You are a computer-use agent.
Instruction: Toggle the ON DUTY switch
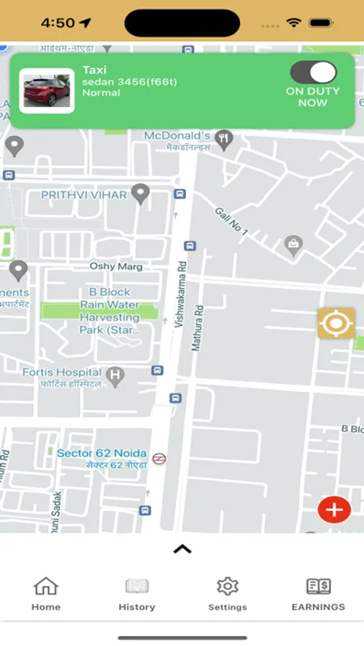click(x=313, y=72)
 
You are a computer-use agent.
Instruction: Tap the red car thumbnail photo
click(x=47, y=91)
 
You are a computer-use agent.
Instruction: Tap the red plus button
click(x=334, y=510)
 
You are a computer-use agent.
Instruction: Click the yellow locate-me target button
click(x=335, y=324)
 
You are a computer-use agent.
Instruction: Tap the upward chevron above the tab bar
click(x=182, y=549)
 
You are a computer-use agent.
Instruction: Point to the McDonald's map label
click(x=177, y=136)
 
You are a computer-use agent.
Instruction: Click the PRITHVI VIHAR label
click(x=84, y=195)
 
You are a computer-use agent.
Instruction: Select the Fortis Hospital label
click(x=62, y=373)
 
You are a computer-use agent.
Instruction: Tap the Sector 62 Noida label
click(x=102, y=453)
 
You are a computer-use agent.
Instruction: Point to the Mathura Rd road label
click(x=197, y=328)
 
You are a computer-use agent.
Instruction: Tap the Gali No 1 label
click(x=230, y=222)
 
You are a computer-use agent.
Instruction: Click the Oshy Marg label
click(x=116, y=266)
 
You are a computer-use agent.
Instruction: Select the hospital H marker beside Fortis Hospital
click(x=114, y=375)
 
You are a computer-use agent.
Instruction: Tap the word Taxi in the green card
click(x=94, y=70)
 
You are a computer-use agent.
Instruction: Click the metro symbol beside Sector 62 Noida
click(x=159, y=458)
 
